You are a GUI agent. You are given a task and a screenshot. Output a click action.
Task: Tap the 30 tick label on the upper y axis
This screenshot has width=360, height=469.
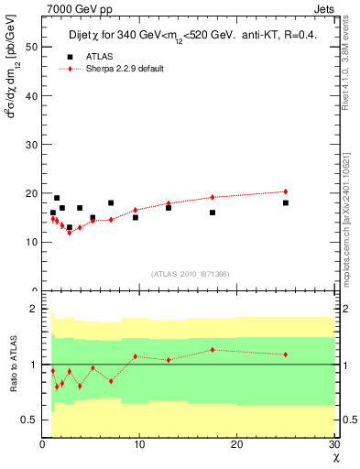(32, 144)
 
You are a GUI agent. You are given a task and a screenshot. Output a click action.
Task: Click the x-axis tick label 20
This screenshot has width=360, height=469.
(236, 445)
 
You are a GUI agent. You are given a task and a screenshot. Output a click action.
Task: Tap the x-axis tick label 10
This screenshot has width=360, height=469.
(139, 445)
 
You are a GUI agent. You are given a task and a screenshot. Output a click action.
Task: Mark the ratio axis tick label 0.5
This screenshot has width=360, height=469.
(30, 420)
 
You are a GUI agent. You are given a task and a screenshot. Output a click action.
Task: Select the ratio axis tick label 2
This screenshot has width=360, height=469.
(34, 310)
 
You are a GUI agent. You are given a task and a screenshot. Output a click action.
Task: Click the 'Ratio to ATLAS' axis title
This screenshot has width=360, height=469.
(13, 364)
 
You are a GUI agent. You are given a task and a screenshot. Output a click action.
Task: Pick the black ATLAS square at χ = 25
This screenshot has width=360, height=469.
(286, 202)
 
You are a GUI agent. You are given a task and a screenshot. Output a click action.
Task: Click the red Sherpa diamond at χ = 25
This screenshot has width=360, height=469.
(286, 191)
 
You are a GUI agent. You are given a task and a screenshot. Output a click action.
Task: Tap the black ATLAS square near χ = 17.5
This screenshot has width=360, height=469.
(213, 213)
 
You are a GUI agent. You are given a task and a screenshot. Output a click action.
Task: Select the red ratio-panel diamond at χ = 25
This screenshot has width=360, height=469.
(286, 354)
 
